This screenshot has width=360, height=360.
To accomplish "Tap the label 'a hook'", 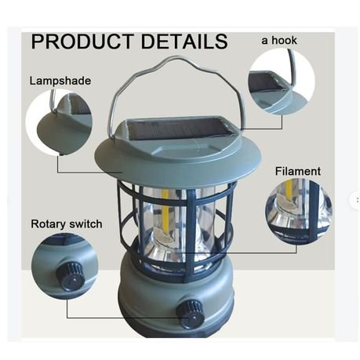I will [279, 40].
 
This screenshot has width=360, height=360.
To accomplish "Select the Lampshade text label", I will [60, 81].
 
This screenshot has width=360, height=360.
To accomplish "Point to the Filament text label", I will [297, 171].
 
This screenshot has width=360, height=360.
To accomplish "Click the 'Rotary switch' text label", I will [67, 224].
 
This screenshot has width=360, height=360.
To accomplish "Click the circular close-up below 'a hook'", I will [281, 82].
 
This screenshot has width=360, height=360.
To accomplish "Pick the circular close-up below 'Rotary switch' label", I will [65, 267].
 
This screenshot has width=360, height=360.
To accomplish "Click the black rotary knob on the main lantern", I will [190, 311].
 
